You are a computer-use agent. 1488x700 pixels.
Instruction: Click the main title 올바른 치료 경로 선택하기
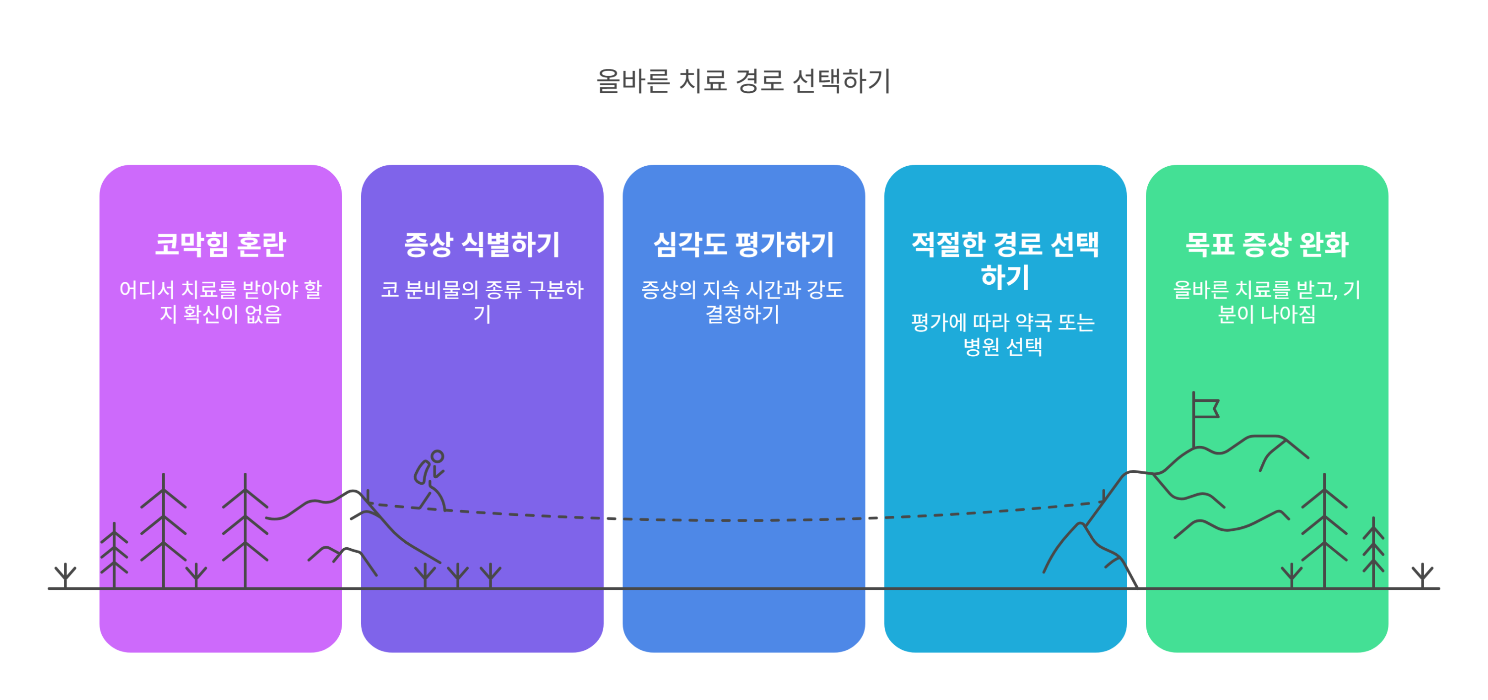click(x=744, y=81)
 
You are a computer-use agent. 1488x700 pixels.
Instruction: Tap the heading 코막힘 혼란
click(x=220, y=244)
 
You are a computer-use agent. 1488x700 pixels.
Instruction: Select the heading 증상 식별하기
click(x=482, y=244)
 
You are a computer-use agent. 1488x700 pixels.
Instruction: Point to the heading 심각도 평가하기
click(x=744, y=244)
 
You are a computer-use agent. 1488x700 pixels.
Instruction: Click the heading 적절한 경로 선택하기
click(x=1005, y=260)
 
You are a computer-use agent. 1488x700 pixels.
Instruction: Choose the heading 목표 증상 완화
click(x=1267, y=244)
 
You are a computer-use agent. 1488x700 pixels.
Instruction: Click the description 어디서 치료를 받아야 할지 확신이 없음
click(x=220, y=302)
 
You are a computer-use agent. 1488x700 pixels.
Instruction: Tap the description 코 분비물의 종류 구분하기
click(x=482, y=302)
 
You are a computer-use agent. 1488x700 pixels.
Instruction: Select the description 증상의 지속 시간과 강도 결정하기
click(x=744, y=302)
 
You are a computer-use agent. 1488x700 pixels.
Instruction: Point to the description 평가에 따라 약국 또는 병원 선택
click(x=1003, y=334)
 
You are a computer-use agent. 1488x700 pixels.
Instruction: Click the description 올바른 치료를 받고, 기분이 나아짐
click(x=1267, y=302)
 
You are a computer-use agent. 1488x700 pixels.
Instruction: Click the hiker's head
click(x=437, y=456)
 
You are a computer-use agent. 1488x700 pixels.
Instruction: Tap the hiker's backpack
click(x=421, y=472)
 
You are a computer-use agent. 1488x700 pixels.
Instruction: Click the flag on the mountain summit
click(x=1206, y=408)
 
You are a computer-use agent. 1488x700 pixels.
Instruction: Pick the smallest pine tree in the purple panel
click(x=115, y=555)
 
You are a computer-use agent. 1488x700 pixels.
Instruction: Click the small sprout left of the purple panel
click(x=65, y=574)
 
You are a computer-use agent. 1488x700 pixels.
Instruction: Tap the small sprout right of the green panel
click(x=1422, y=574)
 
